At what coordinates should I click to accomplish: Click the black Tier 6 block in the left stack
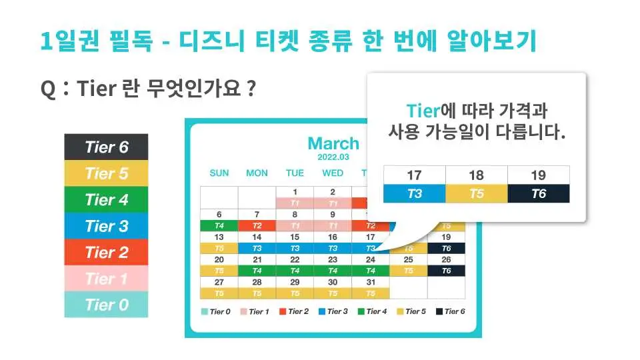click(106, 147)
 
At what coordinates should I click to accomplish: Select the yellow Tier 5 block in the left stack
click(106, 173)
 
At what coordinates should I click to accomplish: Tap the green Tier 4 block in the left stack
click(106, 199)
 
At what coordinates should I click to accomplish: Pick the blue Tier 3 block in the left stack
click(106, 226)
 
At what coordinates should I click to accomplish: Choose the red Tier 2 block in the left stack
click(106, 252)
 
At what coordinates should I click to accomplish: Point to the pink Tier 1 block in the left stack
click(106, 279)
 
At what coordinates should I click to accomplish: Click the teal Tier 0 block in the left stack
click(106, 305)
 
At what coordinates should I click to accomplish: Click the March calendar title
click(333, 143)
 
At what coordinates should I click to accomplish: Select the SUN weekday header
click(219, 173)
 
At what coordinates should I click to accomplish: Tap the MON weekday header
click(257, 173)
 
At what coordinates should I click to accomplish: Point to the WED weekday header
click(333, 173)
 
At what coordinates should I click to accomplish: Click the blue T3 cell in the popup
click(414, 193)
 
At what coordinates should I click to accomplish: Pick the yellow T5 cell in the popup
click(476, 193)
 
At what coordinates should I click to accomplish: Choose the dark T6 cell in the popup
click(539, 193)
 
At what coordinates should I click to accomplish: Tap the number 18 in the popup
click(476, 175)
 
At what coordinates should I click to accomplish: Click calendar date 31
click(371, 282)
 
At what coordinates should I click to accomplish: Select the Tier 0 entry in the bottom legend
click(216, 311)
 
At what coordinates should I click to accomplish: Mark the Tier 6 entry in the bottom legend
click(451, 311)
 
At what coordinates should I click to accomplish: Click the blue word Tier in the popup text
click(423, 111)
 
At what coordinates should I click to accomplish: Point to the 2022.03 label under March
click(333, 157)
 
